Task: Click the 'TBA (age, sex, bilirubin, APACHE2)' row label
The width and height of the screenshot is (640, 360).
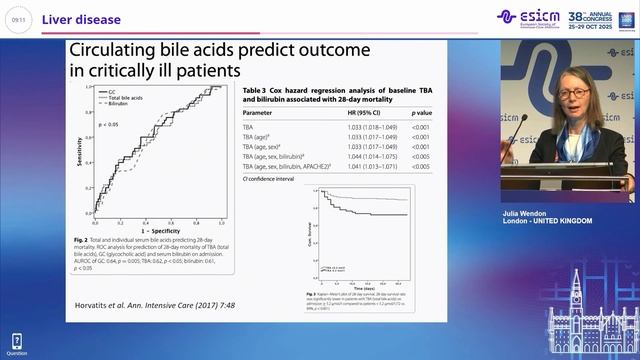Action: [x=285, y=166]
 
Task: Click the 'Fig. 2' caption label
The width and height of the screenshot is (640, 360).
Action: [x=83, y=240]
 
